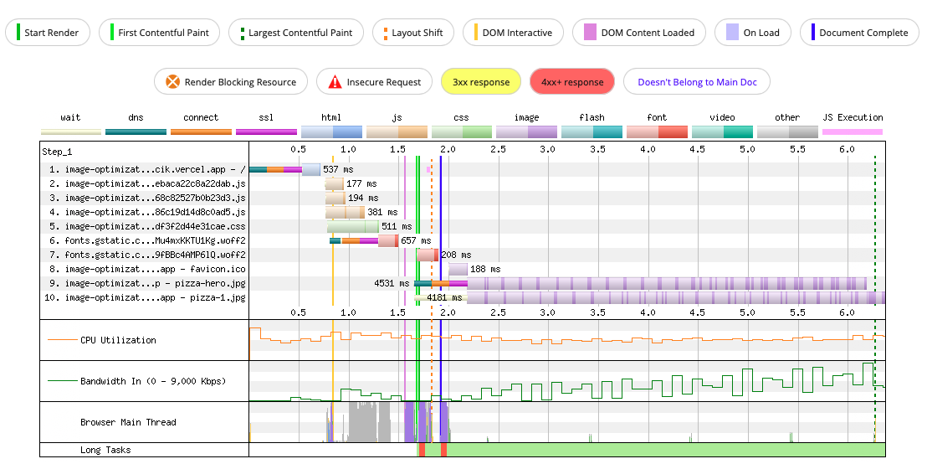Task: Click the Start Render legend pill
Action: coord(48,33)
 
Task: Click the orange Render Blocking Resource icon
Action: coord(172,82)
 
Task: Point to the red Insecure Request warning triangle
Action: coord(335,82)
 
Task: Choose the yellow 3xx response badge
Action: coord(481,82)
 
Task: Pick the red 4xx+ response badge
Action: coord(572,82)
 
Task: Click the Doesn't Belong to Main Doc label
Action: coord(696,82)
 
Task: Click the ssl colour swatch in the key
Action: coord(266,132)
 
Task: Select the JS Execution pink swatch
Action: coord(853,132)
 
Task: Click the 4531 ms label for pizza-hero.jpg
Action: coord(392,283)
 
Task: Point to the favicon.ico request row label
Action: coord(147,270)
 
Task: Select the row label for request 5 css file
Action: coord(147,227)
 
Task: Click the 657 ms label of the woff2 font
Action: coord(416,241)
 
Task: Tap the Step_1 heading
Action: coord(58,152)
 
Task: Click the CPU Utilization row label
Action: coord(118,340)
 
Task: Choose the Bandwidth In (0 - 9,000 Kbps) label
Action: coord(153,381)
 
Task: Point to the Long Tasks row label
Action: coord(105,450)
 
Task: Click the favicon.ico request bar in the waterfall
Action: coord(458,270)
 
